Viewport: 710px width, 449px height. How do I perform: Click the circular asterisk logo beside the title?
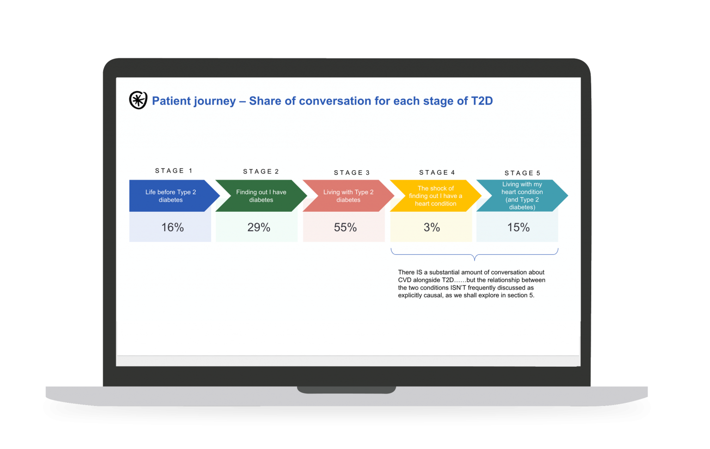(138, 100)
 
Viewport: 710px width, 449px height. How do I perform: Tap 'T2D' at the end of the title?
(482, 101)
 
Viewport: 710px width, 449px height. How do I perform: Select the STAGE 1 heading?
(174, 171)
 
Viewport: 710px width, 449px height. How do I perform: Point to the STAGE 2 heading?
(261, 172)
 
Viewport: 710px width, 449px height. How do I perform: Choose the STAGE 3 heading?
(352, 172)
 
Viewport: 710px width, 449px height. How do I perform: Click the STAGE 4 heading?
(437, 172)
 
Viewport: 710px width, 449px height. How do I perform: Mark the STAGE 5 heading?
(522, 173)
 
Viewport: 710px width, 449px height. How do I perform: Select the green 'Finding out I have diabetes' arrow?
(261, 196)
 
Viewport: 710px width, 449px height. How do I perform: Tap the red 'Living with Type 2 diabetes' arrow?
(349, 196)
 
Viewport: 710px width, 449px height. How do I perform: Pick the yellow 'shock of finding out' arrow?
(436, 196)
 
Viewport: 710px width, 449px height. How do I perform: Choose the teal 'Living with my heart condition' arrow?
(522, 196)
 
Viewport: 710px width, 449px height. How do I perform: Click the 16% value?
(172, 228)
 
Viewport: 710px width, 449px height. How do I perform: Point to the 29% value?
(259, 228)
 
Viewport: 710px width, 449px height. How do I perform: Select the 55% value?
(345, 228)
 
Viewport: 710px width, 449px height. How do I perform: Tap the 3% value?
(432, 228)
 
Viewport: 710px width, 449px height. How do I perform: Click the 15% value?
(518, 228)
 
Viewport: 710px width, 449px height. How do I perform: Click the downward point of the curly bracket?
(475, 260)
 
